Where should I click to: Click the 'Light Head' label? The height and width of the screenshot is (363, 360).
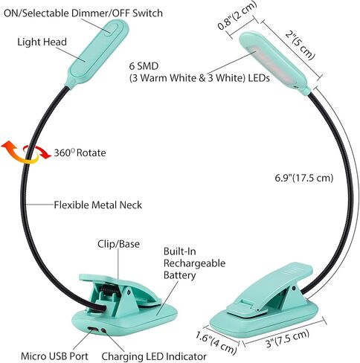coord(42,42)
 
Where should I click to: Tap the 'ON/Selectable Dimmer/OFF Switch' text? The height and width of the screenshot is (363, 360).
coord(83,13)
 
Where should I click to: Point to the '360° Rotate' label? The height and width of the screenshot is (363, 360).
coord(80,152)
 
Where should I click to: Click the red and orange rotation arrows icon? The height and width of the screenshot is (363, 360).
coord(26,152)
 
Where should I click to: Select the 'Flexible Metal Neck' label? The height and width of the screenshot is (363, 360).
coord(98,205)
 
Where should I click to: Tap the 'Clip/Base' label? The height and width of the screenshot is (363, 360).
coord(118,244)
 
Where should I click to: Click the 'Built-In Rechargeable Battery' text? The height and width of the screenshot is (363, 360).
coord(194,263)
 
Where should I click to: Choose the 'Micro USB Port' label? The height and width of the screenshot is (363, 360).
coord(54,356)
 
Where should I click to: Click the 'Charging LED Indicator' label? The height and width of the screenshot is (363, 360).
coord(154,356)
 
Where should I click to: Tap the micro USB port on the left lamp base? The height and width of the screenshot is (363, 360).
coord(93,329)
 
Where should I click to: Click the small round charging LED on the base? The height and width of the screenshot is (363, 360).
coord(103,330)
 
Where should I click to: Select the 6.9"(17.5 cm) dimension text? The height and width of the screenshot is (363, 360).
coord(304,178)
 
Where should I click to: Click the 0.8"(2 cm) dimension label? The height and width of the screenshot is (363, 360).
coord(237,16)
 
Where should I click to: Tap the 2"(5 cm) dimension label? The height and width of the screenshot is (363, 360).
coord(300,45)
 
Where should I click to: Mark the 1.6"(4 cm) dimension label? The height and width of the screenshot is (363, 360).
coord(216,342)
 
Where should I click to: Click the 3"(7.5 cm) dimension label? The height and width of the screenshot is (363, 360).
coord(288,338)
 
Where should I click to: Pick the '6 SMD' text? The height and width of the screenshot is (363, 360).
coord(144,66)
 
